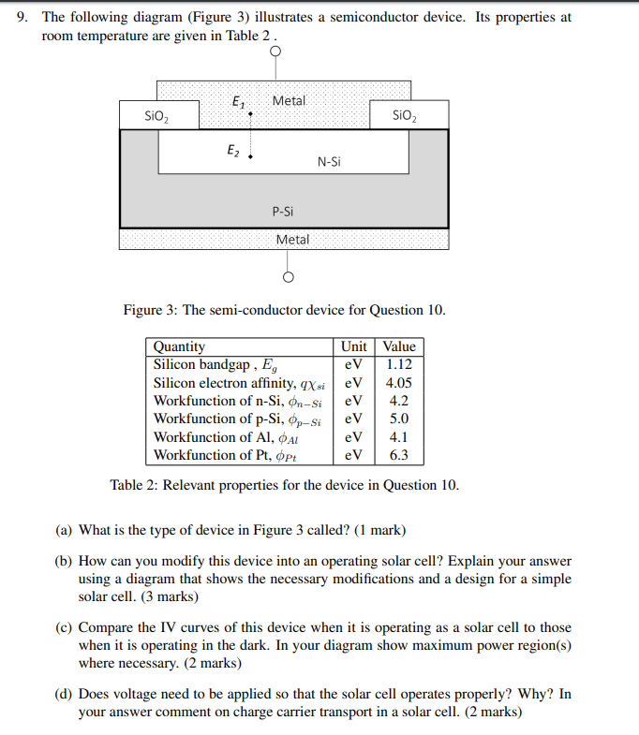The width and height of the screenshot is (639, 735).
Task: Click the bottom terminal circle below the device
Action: [289, 277]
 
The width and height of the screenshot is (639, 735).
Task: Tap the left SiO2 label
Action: [157, 116]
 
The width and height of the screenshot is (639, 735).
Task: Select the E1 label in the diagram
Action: [238, 102]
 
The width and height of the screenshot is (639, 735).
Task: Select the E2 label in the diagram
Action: [233, 149]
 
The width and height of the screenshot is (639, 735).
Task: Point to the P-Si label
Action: [285, 212]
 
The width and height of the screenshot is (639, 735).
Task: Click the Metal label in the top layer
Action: [289, 100]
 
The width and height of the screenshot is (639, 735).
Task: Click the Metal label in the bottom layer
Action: [292, 240]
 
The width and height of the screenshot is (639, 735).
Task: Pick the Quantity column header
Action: [179, 346]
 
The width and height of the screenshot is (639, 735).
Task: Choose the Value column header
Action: [399, 346]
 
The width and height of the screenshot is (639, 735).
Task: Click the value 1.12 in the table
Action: [399, 364]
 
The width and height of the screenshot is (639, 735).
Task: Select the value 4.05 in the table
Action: [399, 382]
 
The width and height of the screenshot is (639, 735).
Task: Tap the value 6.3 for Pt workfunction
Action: [399, 456]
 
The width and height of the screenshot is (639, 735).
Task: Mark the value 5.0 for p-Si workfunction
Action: [399, 419]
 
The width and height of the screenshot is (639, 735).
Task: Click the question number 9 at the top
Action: [22, 18]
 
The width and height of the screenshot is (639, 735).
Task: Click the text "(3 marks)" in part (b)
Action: [166, 596]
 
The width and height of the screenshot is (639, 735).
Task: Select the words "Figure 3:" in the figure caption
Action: [151, 310]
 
